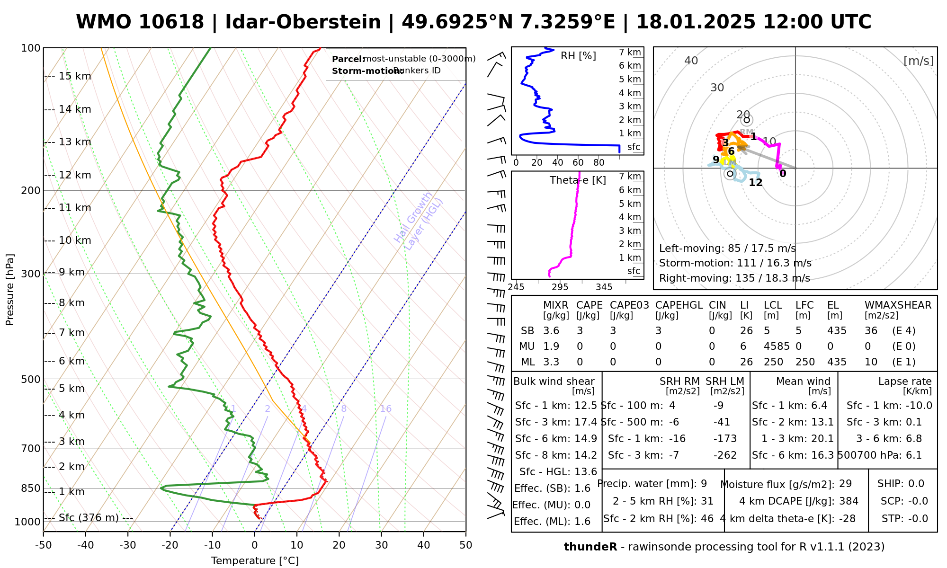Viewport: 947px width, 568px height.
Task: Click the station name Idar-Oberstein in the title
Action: point(303,22)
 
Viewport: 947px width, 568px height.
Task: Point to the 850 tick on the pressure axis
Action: point(31,488)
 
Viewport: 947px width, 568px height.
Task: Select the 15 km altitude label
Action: point(75,76)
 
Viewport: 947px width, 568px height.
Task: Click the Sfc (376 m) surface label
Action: point(89,518)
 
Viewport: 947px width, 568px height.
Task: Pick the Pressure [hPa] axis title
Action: point(10,290)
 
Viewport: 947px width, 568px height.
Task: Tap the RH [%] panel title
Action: point(578,56)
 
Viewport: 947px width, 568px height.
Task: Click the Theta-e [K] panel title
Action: point(578,180)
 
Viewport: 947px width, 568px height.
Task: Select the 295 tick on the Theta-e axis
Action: point(560,287)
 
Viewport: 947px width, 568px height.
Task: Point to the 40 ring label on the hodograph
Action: point(691,61)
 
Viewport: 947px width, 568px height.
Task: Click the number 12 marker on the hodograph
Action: point(756,182)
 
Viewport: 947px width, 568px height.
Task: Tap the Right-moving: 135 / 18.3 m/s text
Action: point(734,278)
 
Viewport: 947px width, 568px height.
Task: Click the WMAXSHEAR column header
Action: point(898,305)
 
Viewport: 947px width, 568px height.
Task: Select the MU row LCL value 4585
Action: point(777,346)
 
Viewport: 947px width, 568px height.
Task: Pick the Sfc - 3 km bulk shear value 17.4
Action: point(586,422)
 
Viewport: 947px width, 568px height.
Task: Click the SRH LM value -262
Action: point(725,455)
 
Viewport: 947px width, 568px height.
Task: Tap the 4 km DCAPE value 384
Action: point(849,501)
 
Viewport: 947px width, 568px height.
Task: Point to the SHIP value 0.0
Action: point(916,484)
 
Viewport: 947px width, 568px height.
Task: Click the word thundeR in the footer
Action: point(590,547)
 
